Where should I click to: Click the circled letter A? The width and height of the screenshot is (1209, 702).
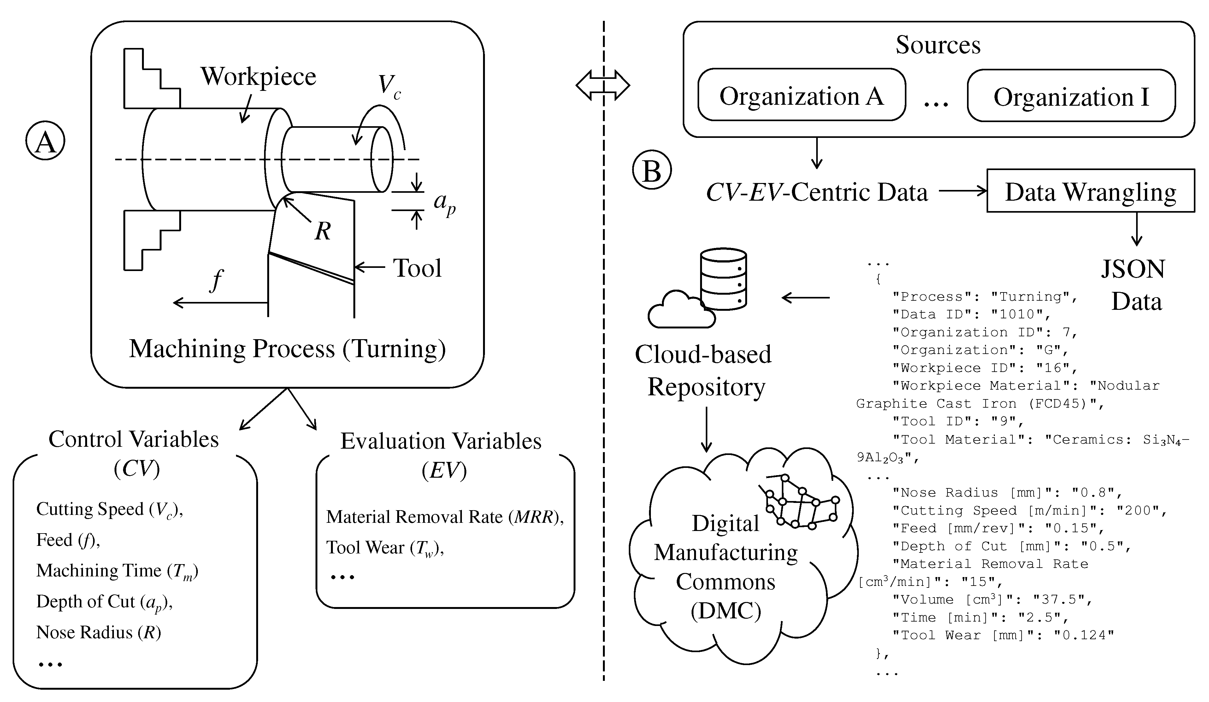45,141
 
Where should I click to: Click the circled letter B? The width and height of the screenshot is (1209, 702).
652,171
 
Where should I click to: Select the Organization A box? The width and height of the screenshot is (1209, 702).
801,96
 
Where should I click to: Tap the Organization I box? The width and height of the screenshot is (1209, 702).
1071,97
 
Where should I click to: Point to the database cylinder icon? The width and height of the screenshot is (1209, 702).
723,279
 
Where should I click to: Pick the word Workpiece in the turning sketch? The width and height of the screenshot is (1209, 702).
258,77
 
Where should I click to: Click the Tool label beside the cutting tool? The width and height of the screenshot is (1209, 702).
417,268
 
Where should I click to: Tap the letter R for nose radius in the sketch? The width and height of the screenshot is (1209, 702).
322,231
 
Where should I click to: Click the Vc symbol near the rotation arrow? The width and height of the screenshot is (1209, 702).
389,86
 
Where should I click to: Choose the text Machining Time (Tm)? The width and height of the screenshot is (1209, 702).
117,571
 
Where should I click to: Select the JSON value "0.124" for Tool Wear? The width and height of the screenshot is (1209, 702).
1083,635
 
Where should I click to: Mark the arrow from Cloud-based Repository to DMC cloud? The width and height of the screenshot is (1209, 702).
706,429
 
